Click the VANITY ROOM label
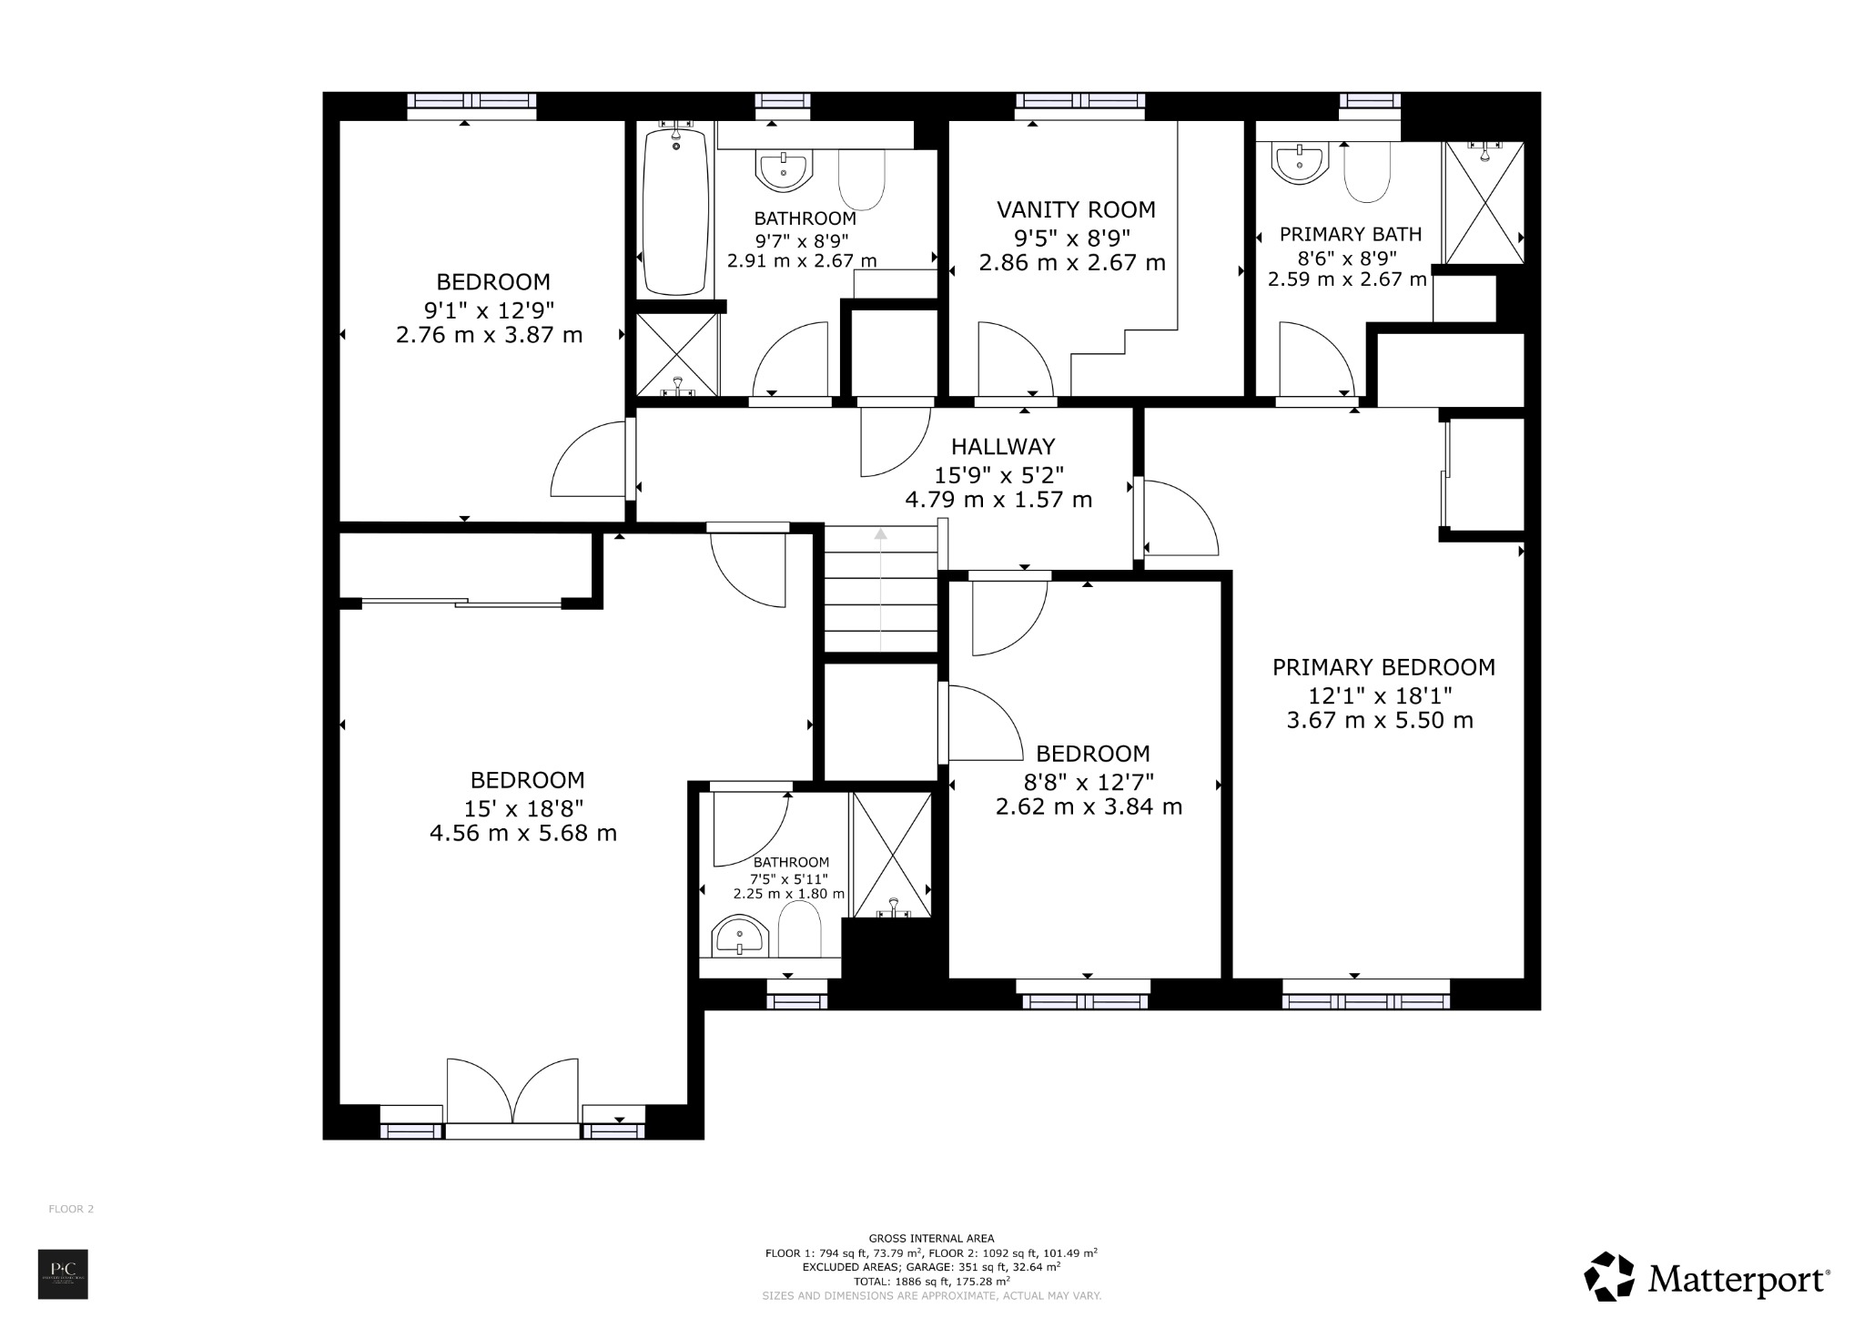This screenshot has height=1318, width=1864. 1076,209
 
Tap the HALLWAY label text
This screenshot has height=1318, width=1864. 1003,447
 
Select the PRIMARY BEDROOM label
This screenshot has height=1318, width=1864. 1383,667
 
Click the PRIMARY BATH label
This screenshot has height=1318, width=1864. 1350,235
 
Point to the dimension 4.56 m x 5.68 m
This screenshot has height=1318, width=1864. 523,833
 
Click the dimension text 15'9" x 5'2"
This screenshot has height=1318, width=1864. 998,474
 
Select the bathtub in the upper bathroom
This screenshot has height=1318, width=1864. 674,211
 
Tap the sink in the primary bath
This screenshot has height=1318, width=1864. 1300,164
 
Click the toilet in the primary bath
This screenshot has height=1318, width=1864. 1367,173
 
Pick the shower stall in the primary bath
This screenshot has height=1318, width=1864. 1484,203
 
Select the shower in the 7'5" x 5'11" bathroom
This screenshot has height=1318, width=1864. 892,854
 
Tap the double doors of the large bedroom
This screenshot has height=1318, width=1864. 512,1091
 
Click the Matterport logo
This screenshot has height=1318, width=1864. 1707,1280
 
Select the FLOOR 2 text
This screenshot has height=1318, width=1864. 71,1209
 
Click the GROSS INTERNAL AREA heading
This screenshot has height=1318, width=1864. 931,1238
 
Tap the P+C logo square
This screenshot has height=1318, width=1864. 63,1274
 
